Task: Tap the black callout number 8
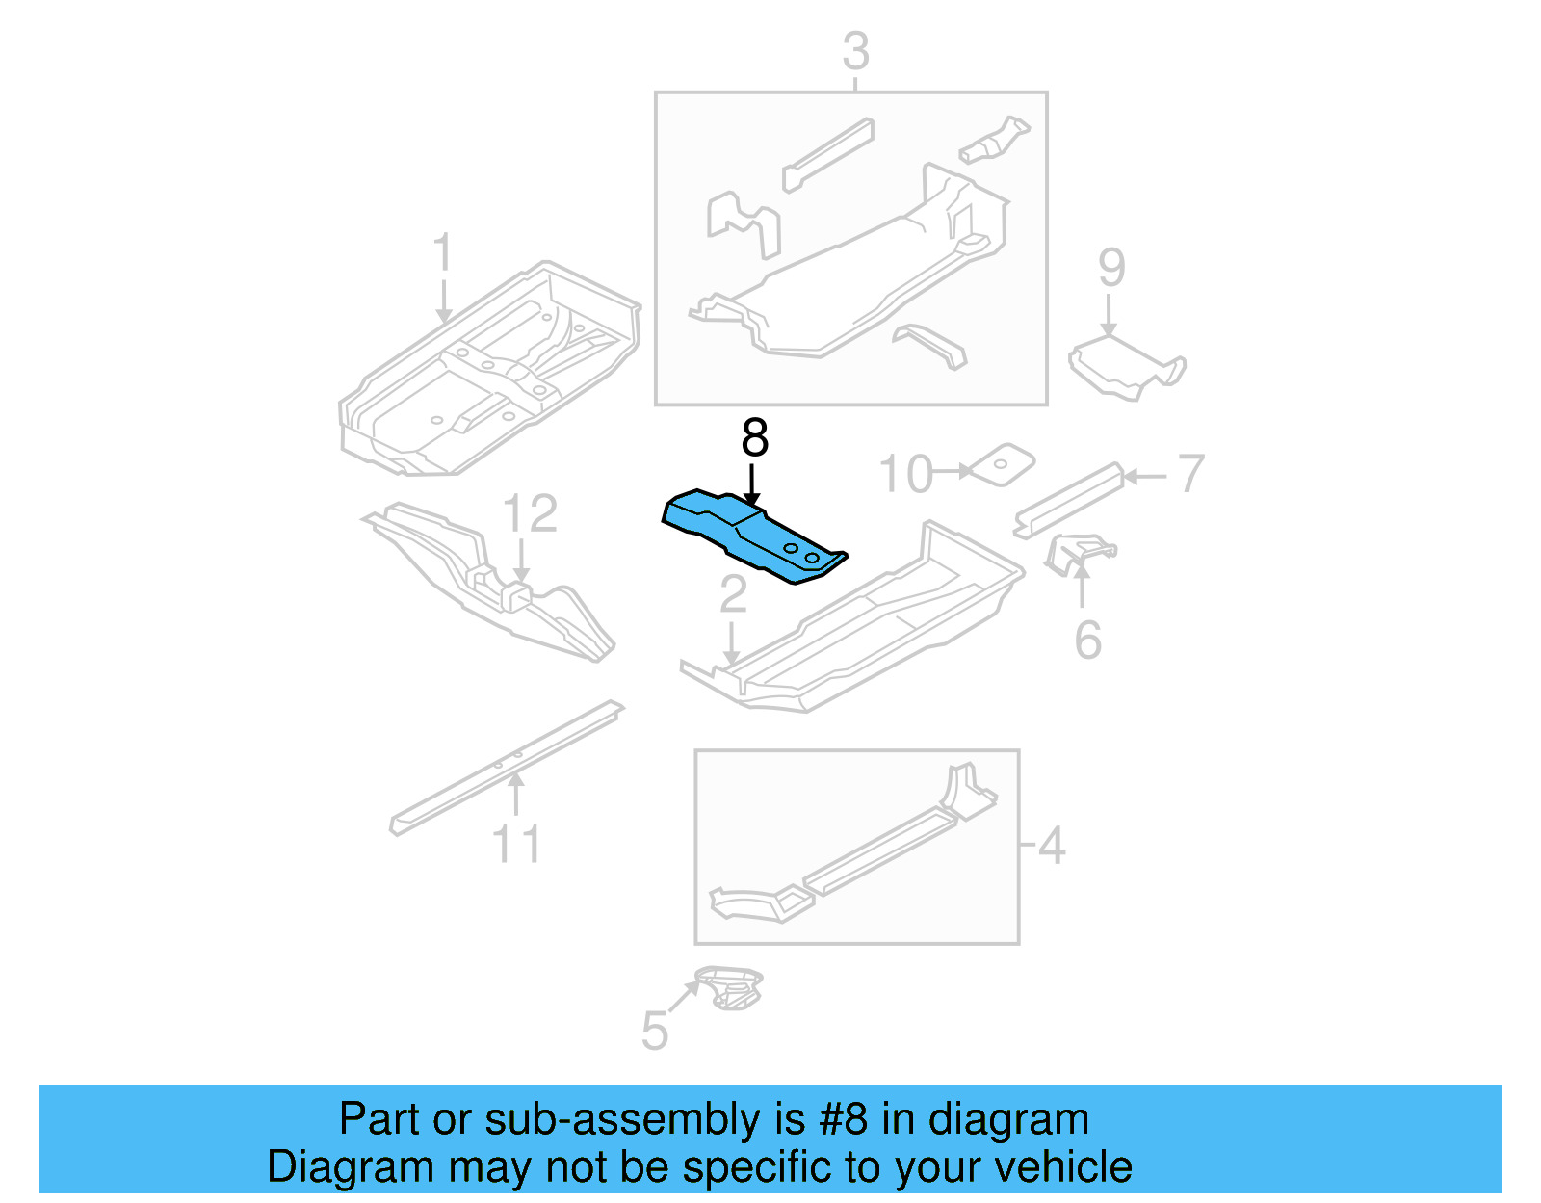[754, 438]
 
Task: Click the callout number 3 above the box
[855, 52]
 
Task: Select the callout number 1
[442, 254]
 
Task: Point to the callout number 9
[1111, 268]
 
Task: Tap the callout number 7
[1190, 474]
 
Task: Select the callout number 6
[1087, 641]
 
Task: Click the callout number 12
[530, 514]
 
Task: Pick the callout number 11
[516, 845]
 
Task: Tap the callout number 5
[654, 1032]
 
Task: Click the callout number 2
[733, 595]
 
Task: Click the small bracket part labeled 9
[1125, 368]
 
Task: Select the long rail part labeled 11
[506, 768]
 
